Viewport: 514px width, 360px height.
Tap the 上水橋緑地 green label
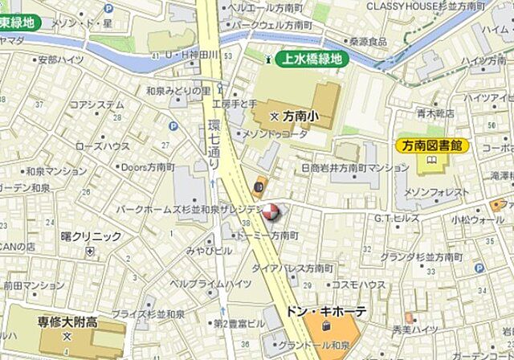(x=309, y=58)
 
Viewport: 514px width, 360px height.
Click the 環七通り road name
(x=214, y=145)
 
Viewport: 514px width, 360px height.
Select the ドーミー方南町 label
(x=266, y=235)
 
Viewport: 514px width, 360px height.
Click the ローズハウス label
(x=102, y=146)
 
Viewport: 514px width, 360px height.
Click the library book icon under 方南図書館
(x=432, y=161)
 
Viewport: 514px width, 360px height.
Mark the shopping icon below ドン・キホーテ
(x=326, y=326)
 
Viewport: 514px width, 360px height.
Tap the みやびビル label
(x=203, y=251)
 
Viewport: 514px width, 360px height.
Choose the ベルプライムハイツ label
(x=210, y=284)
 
